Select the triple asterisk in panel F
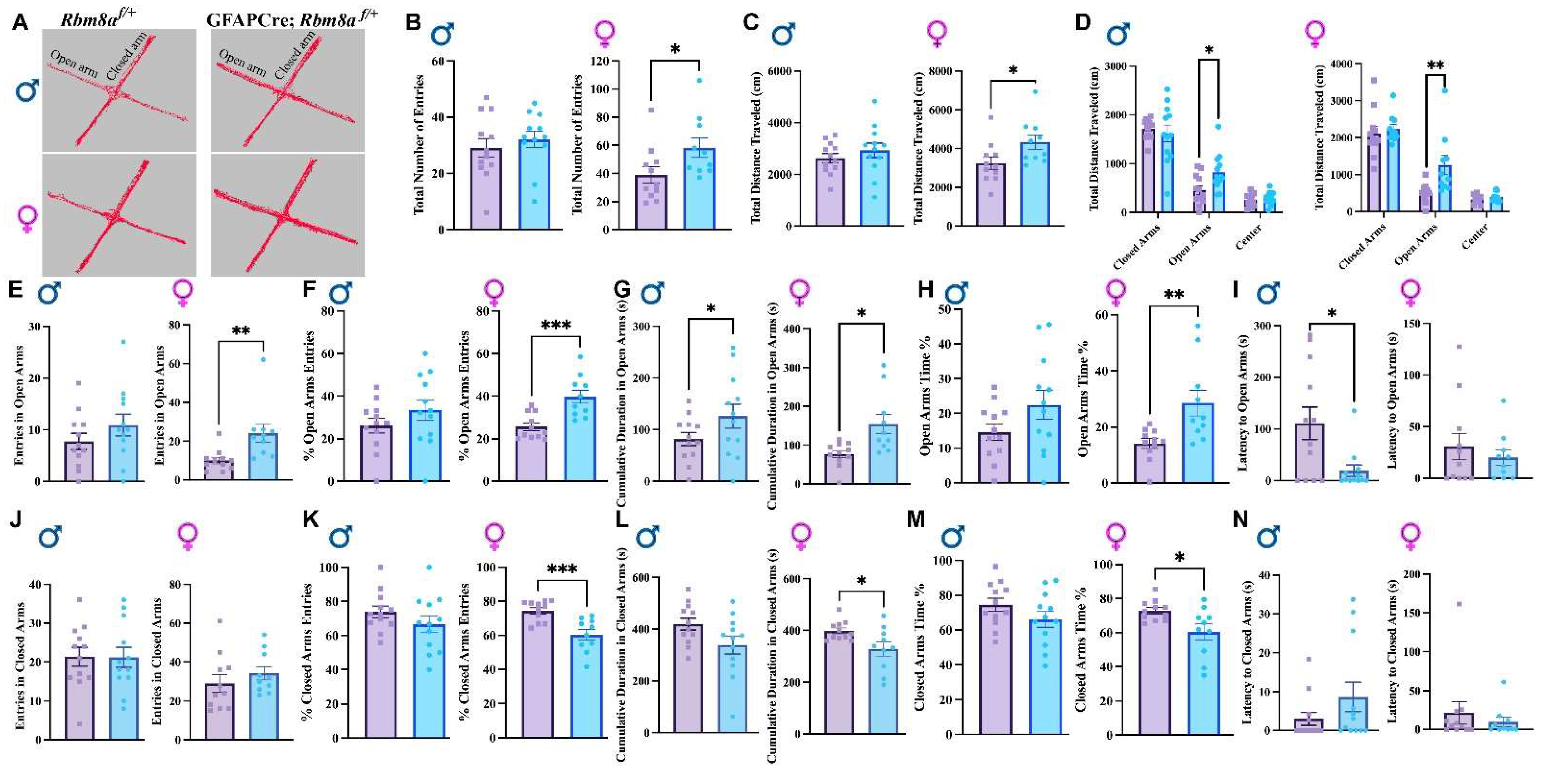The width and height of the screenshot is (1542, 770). point(555,326)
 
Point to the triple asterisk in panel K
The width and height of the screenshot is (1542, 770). point(561,569)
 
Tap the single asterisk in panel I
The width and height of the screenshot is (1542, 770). point(1331,313)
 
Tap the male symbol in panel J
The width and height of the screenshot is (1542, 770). point(51,537)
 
